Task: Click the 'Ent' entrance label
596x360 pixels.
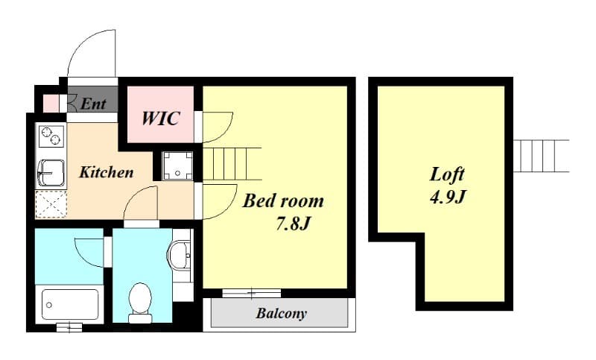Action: click(93, 104)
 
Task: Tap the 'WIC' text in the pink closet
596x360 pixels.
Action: click(160, 118)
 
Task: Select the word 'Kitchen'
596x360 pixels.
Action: click(107, 172)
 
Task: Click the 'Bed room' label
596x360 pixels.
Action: click(284, 200)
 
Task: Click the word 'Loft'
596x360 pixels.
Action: click(447, 174)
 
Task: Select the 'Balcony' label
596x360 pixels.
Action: click(281, 313)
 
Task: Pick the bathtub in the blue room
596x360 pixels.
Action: click(69, 304)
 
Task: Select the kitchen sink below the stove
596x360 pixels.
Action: click(50, 173)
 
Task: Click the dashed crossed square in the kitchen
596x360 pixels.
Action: click(51, 204)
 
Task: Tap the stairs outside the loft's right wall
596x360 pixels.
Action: click(540, 156)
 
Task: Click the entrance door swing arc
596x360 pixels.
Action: click(91, 54)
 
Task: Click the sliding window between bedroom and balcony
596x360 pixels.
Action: click(251, 293)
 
